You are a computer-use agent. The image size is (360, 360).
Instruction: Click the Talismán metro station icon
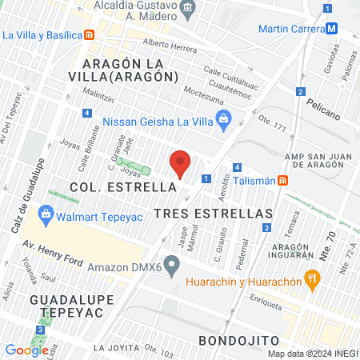point(282,181)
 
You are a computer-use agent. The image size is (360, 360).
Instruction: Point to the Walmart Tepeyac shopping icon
point(46,214)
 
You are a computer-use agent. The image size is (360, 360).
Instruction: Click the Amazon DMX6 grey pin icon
point(171,265)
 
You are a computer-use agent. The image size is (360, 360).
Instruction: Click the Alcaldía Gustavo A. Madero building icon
point(189,9)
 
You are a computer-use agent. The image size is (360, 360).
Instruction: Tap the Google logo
point(26,350)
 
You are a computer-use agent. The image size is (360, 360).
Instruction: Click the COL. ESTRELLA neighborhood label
point(122,186)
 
